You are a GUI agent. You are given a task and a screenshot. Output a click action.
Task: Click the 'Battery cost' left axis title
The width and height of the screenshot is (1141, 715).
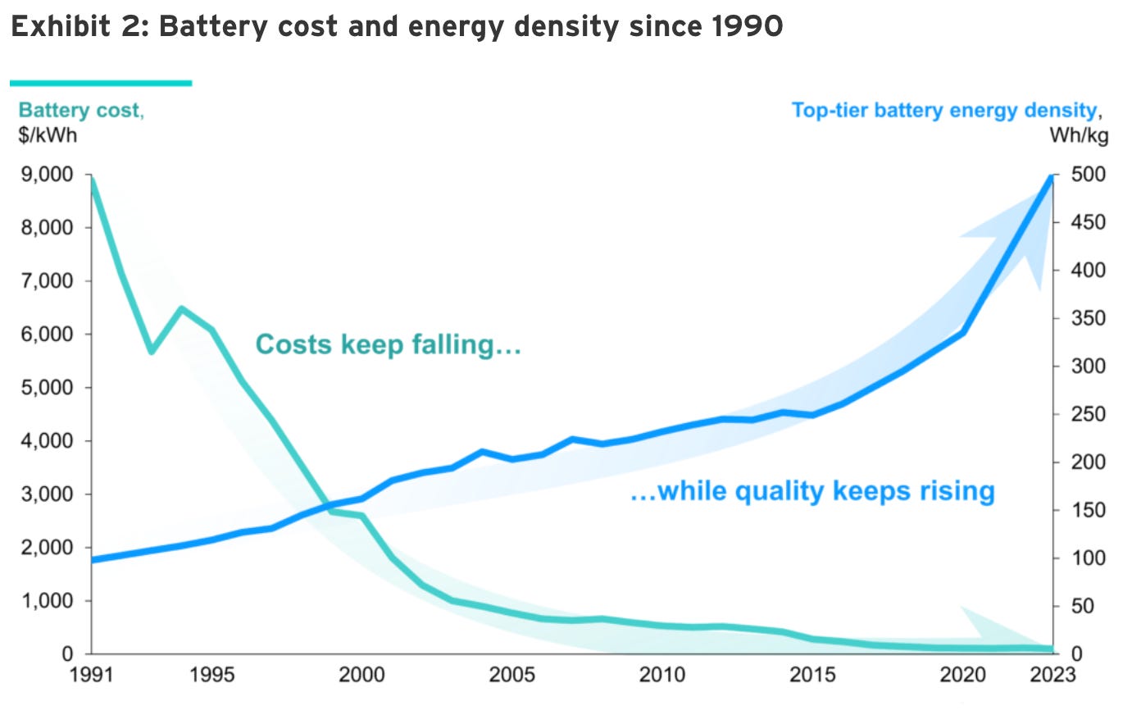point(80,110)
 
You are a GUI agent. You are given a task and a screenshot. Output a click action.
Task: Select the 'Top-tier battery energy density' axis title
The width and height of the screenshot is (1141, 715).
point(945,110)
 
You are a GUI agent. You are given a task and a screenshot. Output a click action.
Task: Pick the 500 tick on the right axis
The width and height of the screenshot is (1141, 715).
point(1088,174)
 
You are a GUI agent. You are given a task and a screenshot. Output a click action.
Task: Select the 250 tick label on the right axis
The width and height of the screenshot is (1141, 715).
point(1088,414)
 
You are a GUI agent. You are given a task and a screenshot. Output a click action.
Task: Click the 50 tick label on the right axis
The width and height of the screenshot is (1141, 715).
point(1084,606)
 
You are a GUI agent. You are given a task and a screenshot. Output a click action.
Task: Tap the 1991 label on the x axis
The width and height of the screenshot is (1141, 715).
point(91,675)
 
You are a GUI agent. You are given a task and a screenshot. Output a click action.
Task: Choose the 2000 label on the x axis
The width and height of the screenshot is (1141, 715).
point(361,675)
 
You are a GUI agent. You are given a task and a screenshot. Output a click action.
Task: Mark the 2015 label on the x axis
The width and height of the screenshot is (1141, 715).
point(812,675)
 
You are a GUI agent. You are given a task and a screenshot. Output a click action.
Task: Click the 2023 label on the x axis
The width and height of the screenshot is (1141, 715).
point(1052,675)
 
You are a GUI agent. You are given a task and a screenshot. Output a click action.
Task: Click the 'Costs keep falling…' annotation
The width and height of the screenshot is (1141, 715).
point(389,344)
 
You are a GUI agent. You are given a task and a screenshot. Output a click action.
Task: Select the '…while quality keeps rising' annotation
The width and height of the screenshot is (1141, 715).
point(812,491)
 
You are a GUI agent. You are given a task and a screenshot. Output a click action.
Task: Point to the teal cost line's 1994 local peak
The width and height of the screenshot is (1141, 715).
point(181,308)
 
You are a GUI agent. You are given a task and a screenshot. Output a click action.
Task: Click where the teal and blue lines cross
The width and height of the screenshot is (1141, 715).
point(321,508)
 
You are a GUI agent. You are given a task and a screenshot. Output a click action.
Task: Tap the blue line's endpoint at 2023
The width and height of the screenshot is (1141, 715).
point(1052,175)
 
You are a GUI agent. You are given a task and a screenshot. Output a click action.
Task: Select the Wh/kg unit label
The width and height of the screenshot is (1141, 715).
point(1079,134)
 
